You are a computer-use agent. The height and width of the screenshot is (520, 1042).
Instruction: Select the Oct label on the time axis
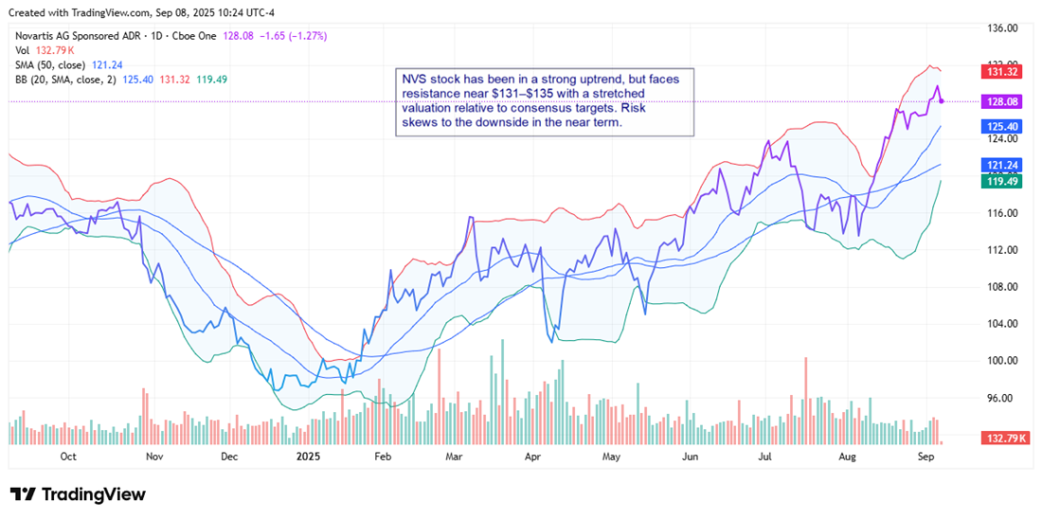coord(68,457)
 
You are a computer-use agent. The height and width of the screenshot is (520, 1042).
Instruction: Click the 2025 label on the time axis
coord(310,457)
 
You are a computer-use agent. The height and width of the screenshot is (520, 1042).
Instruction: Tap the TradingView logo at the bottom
coord(78,494)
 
